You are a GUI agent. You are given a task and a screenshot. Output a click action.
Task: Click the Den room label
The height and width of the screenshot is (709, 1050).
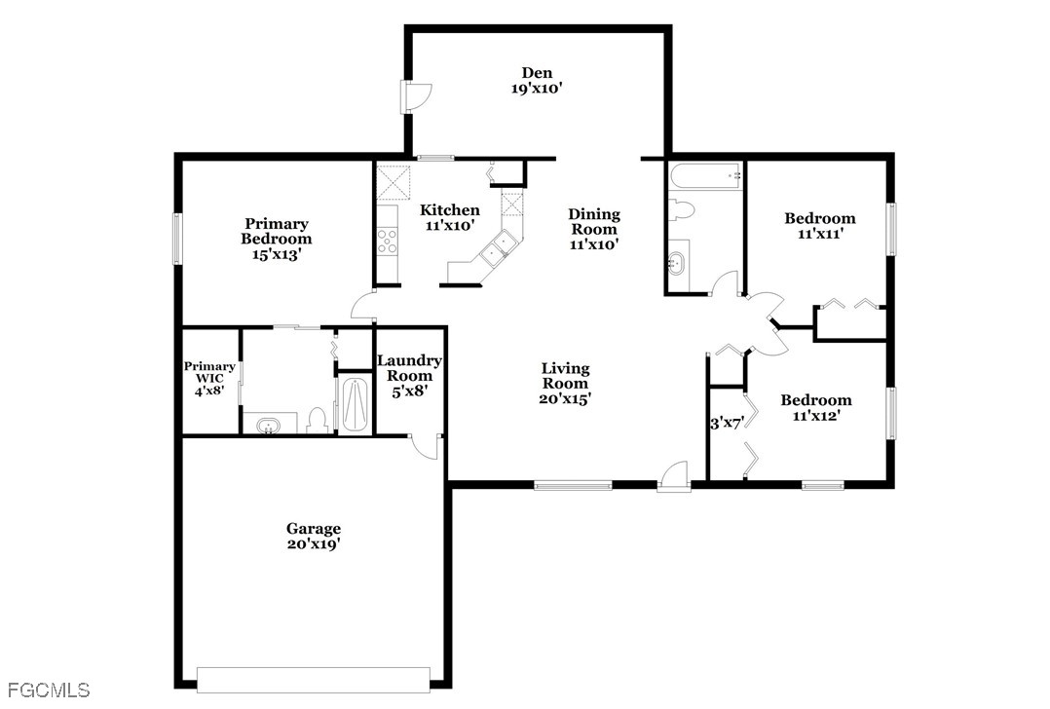(537, 73)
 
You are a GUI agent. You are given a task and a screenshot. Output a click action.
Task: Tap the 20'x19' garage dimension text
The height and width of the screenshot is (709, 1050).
(314, 544)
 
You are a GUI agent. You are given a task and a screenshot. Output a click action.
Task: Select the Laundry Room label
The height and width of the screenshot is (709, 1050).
(409, 368)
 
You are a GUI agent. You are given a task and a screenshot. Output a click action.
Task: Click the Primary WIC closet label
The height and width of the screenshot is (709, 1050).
(209, 372)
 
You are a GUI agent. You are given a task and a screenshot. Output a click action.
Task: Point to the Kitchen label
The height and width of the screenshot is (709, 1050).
(450, 210)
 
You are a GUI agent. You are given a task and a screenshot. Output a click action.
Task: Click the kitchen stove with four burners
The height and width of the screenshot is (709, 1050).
(387, 241)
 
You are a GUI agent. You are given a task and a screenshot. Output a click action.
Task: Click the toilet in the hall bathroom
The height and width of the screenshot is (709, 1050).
(681, 209)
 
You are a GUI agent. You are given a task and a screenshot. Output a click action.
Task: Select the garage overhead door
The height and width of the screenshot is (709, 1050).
(314, 680)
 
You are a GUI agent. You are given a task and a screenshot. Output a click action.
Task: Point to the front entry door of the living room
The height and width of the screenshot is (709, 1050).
(674, 476)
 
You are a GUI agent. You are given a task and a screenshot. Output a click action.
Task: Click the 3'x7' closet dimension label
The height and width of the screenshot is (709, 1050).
(727, 423)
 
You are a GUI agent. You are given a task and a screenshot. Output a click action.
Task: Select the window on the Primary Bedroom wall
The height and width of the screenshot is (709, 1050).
(178, 239)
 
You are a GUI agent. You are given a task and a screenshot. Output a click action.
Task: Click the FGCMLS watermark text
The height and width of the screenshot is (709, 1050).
(48, 690)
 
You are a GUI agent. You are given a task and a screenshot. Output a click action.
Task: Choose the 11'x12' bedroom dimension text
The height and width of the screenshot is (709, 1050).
(816, 416)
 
